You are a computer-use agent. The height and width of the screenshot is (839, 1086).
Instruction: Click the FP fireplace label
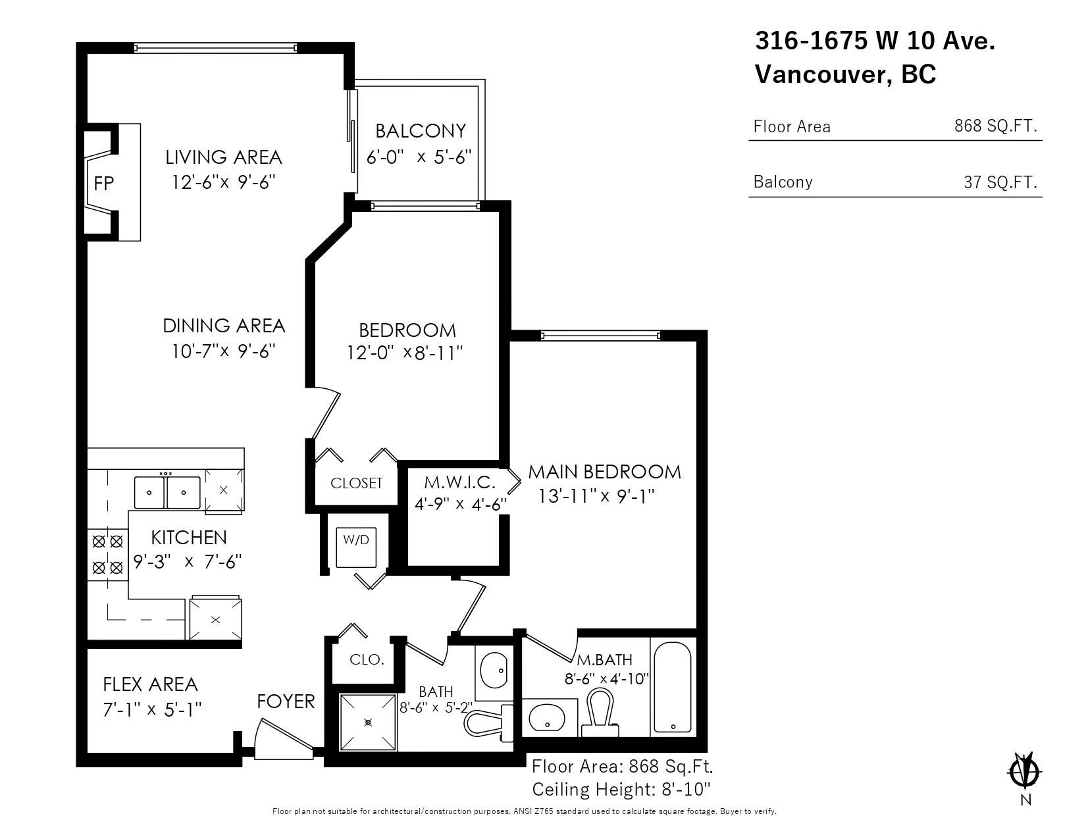point(103,184)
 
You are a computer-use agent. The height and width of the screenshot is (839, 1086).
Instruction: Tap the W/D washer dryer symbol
point(356,547)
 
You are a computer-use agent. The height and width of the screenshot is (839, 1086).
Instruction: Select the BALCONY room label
point(421,131)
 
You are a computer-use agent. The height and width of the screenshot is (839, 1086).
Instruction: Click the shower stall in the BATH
point(369,722)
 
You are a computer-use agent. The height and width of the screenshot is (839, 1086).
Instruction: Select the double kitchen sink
point(167,493)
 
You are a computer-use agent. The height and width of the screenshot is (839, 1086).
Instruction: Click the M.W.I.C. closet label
point(460,482)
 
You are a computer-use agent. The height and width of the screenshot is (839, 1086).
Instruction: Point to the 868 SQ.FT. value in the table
point(996,126)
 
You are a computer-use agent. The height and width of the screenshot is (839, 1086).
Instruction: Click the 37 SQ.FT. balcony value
point(1000,182)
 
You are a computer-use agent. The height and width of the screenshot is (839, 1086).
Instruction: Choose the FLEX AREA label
point(150,684)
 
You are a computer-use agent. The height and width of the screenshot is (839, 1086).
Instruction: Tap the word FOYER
point(286,701)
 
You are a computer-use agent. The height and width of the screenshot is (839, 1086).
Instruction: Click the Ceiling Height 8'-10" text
point(621,790)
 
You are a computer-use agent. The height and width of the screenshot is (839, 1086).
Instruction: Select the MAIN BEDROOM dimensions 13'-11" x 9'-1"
point(596,496)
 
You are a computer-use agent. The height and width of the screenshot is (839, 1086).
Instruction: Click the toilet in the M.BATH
point(600,713)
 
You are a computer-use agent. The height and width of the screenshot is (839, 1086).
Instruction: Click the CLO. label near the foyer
point(367,659)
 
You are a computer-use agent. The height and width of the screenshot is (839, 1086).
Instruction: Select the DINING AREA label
point(224,326)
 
